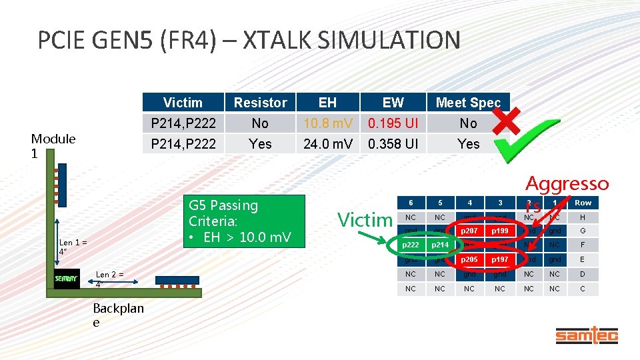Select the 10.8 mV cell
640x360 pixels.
327,123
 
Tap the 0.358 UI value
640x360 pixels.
393,143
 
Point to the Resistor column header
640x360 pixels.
260,103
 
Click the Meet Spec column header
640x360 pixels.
468,103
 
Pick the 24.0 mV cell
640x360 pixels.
327,143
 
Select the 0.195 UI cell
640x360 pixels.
393,123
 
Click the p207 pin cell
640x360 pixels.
469,231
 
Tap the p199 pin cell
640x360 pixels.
500,231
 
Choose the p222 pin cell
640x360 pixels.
410,245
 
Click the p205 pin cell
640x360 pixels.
469,260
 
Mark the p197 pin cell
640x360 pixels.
500,260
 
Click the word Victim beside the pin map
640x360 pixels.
365,219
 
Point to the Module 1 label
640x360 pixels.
53,145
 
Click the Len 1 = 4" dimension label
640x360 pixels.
73,247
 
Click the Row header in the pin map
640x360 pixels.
583,203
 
